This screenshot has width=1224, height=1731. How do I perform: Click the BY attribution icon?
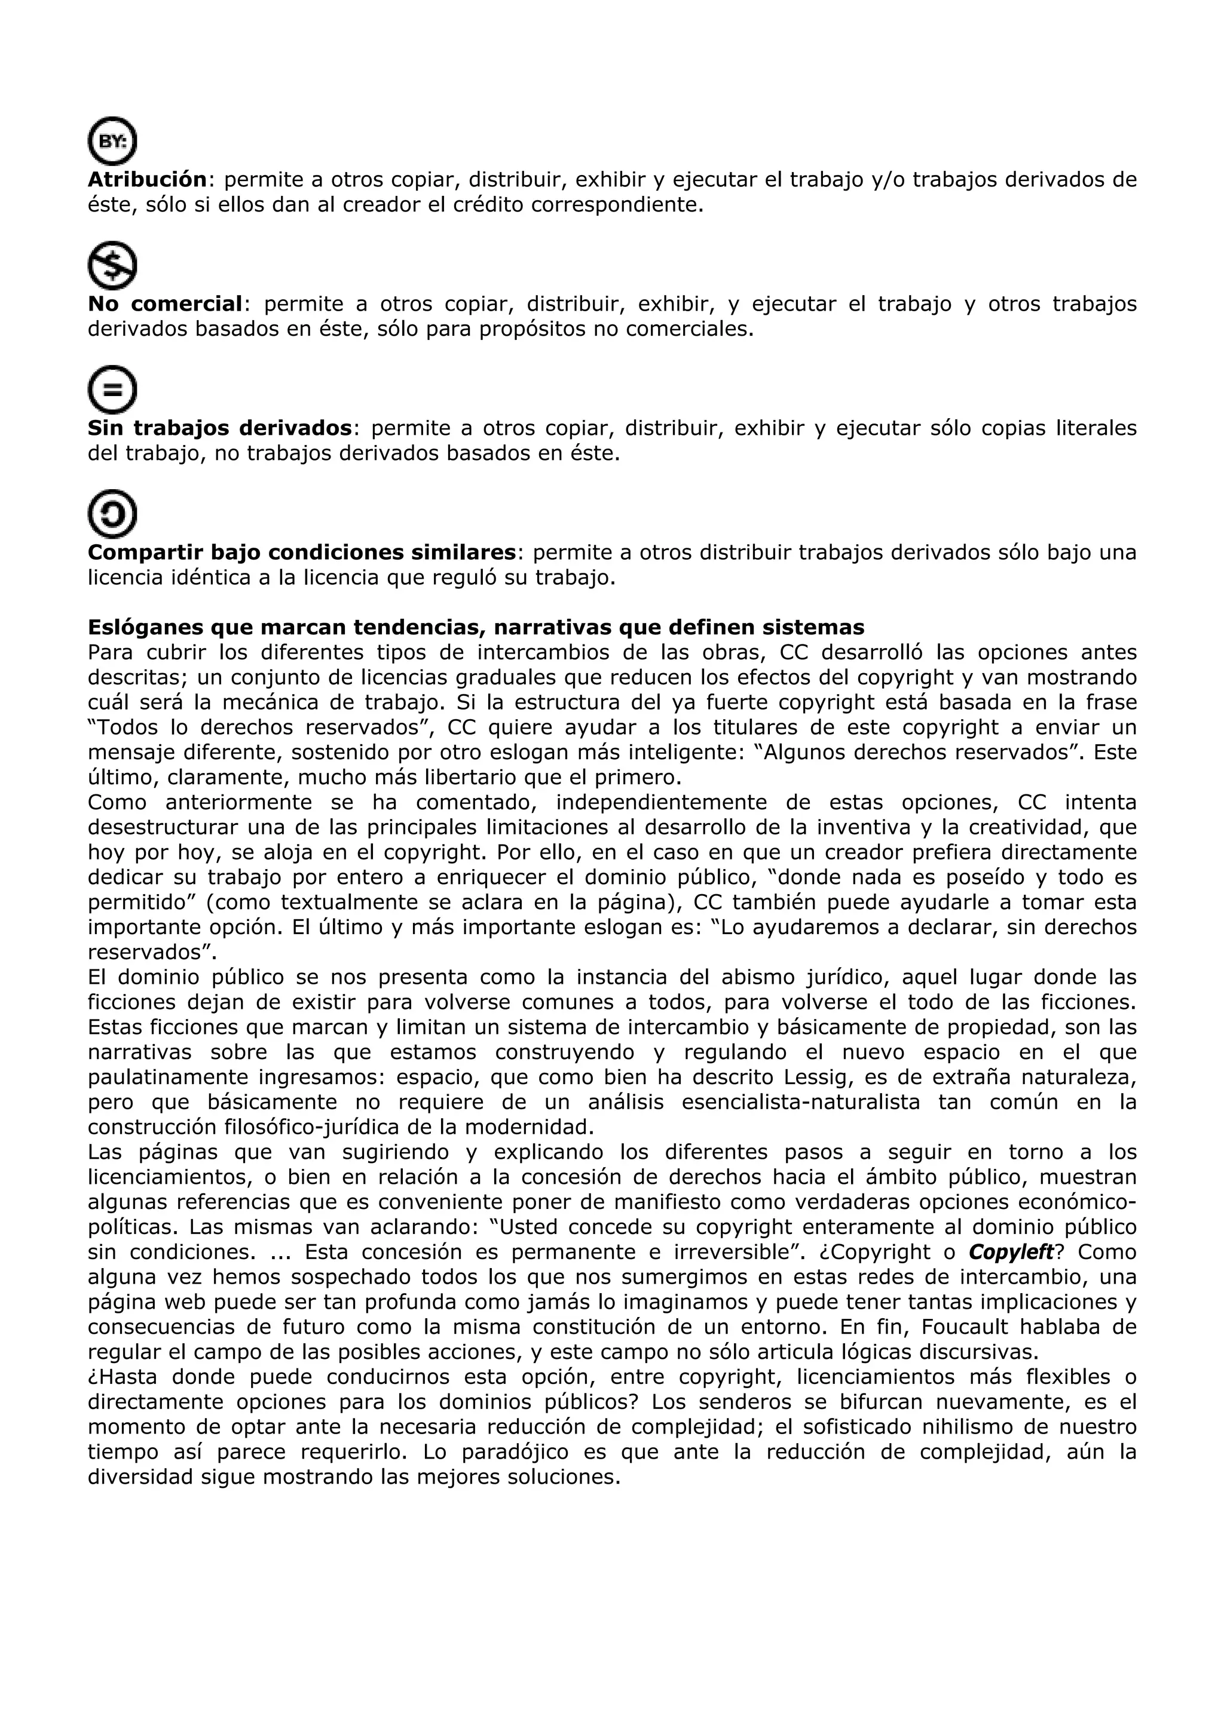coord(112,141)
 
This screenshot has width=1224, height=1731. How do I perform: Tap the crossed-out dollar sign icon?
coord(112,265)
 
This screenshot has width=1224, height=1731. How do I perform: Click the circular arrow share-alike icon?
coord(112,514)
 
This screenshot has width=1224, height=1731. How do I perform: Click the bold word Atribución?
coord(147,179)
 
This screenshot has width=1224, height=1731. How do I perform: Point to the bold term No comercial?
coord(165,304)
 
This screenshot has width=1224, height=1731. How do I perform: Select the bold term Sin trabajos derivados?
coord(219,428)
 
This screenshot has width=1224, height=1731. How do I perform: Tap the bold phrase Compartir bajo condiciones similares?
coord(302,553)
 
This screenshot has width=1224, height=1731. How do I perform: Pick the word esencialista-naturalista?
coord(800,1102)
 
